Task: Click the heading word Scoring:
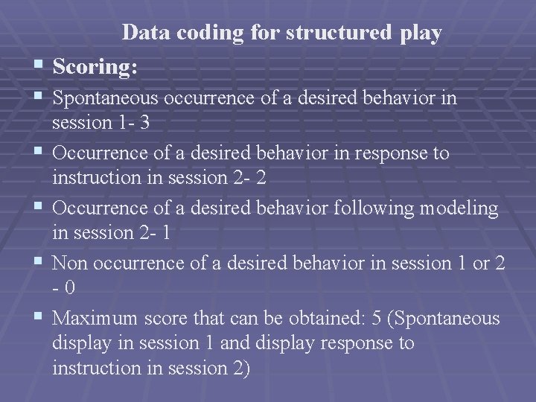coord(95,66)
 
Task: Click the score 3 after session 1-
coord(144,122)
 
